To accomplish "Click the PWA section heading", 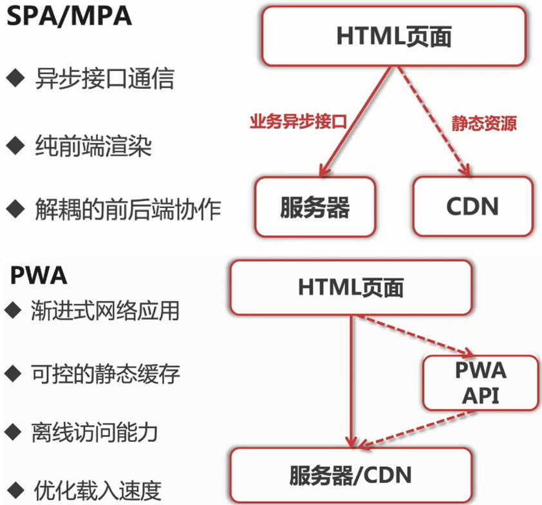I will [39, 276].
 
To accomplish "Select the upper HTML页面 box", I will [393, 36].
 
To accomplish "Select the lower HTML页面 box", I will [351, 287].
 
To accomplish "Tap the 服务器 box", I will [315, 206].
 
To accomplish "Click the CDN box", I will [472, 206].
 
